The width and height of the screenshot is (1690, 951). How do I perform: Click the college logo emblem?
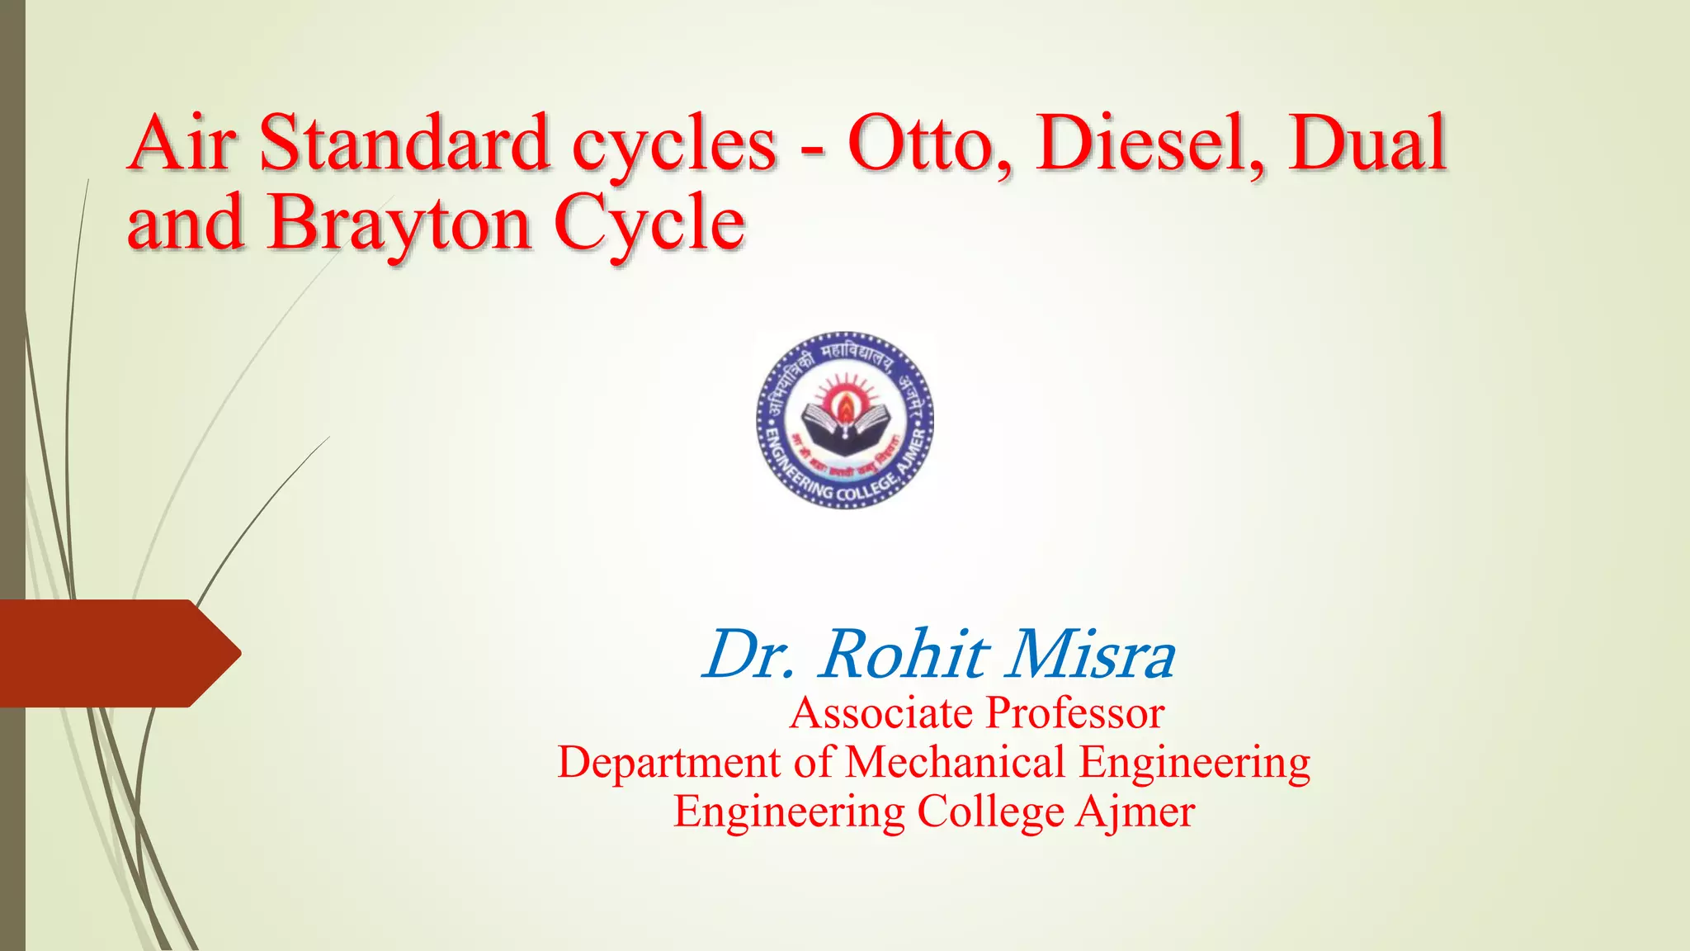point(845,419)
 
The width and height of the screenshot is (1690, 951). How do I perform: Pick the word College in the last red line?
point(990,812)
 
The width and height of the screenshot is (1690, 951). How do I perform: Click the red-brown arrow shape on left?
point(116,653)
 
